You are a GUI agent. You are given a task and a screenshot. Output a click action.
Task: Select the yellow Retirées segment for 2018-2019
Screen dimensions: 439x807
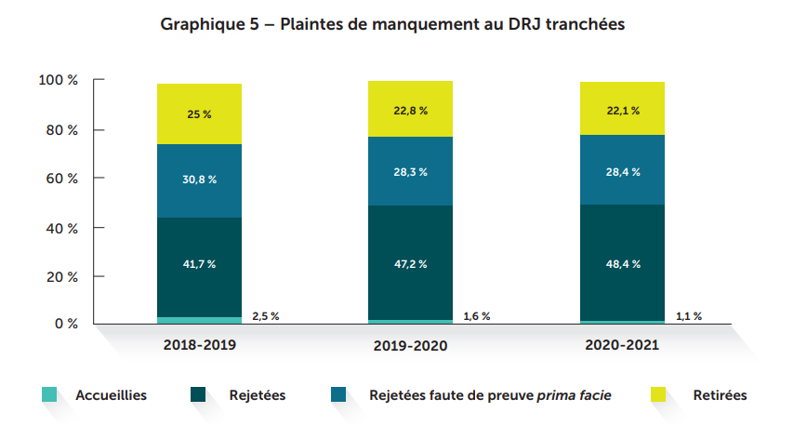tap(199, 113)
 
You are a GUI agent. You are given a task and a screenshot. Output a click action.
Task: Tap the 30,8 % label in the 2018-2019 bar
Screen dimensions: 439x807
tap(199, 180)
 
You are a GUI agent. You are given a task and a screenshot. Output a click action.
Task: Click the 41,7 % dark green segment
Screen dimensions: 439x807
tap(199, 264)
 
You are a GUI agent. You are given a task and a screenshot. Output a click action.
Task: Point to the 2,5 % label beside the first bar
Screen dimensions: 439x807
tap(264, 316)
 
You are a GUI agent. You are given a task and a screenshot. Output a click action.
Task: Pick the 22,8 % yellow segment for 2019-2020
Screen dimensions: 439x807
tap(410, 110)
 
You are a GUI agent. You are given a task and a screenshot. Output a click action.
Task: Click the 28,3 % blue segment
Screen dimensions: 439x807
tap(410, 171)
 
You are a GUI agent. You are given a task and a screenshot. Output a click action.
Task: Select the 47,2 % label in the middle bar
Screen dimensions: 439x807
tap(410, 264)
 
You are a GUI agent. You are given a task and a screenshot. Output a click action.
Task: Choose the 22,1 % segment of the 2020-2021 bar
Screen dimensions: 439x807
tap(622, 110)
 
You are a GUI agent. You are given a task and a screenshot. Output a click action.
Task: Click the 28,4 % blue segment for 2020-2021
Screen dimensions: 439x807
tap(622, 171)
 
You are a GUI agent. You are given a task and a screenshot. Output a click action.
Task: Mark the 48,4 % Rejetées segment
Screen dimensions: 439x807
tap(622, 264)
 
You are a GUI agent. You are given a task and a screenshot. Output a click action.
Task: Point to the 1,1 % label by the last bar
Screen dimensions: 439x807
tap(688, 316)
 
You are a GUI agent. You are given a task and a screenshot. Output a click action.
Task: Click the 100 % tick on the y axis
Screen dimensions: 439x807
tap(59, 81)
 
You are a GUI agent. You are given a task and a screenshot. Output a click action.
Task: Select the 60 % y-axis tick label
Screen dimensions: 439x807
tap(61, 178)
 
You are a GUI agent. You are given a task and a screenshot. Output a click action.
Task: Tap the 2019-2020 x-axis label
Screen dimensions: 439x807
tap(410, 345)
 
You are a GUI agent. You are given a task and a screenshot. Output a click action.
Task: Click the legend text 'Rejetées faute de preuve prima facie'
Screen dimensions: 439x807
tap(490, 395)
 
